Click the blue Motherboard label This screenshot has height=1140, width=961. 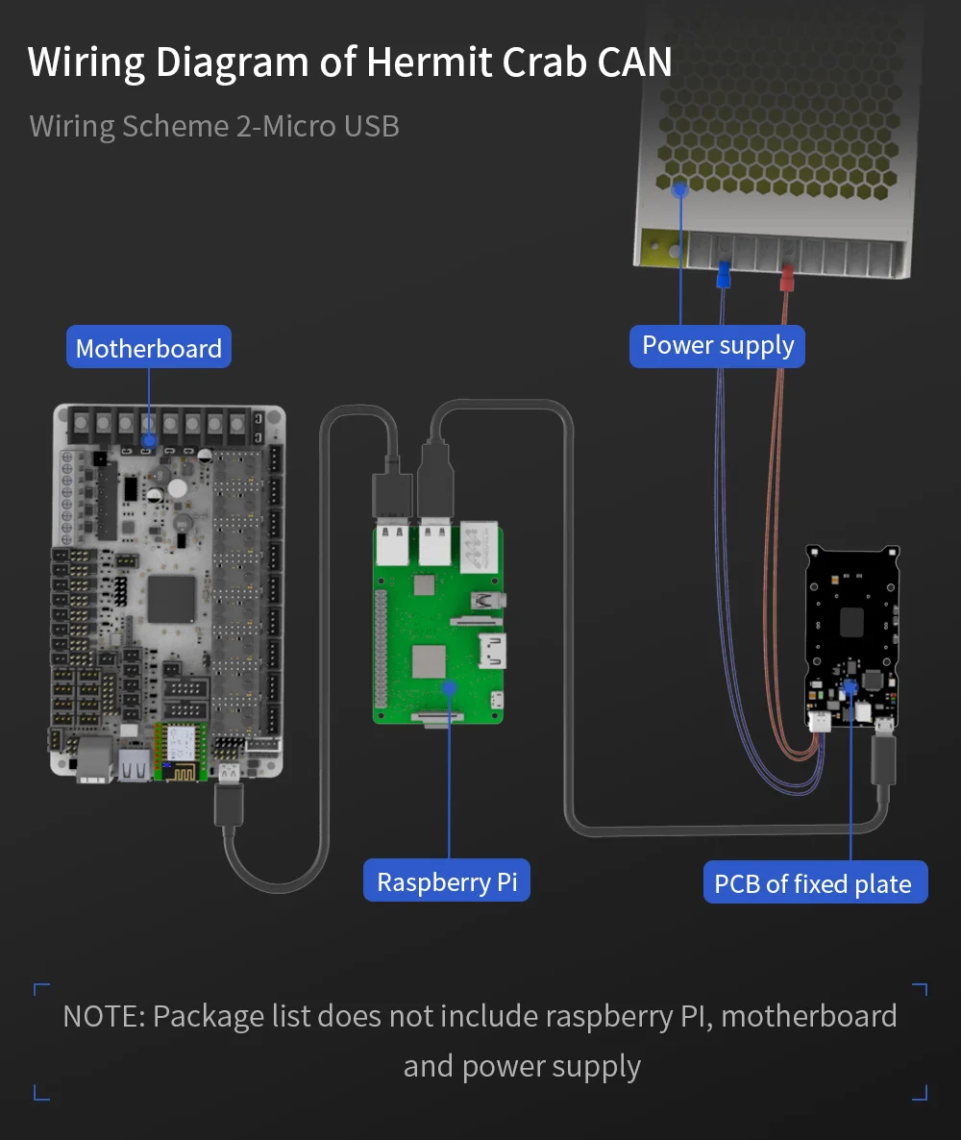click(149, 348)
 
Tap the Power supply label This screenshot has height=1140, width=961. click(718, 345)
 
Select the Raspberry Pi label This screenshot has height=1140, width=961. click(446, 881)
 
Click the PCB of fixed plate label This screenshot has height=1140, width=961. click(815, 882)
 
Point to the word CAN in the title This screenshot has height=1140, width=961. click(634, 62)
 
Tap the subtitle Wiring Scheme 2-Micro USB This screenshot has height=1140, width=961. click(214, 127)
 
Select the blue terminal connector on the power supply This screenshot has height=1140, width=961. click(724, 275)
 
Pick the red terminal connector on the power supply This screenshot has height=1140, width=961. click(786, 278)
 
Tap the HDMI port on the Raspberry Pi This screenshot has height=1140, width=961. click(493, 651)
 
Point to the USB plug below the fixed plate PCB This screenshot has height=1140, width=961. click(883, 759)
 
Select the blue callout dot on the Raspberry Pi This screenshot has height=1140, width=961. click(449, 688)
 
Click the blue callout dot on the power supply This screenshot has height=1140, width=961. click(680, 189)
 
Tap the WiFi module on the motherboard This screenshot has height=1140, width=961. click(180, 751)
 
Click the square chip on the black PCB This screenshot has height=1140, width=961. click(851, 622)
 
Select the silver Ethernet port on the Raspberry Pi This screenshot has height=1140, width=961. click(479, 546)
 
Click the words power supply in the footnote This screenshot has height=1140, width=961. click(551, 1067)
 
